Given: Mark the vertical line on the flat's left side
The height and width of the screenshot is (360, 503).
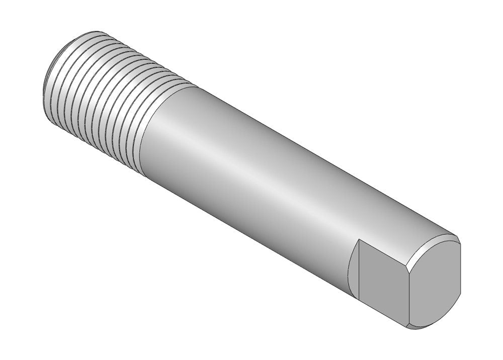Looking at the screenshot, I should (x=358, y=274).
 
